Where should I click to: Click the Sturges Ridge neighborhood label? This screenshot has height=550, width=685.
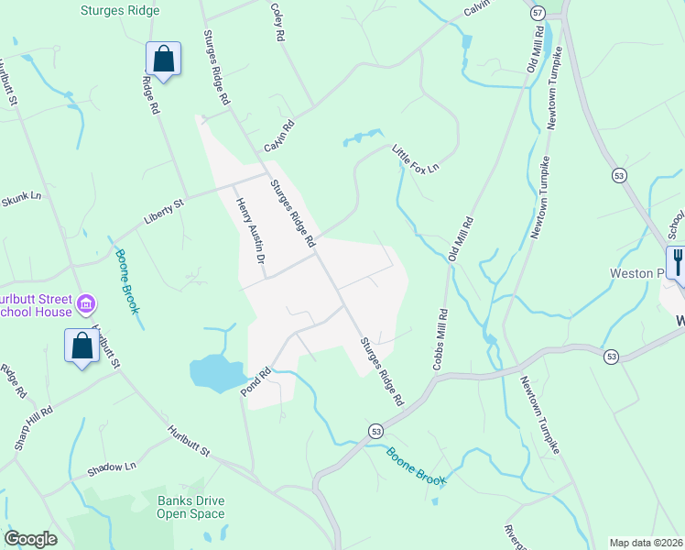(119, 11)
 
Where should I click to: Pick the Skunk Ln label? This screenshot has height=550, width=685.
(22, 196)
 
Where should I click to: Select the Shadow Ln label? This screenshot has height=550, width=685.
(112, 468)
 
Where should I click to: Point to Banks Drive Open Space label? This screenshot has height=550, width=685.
(190, 507)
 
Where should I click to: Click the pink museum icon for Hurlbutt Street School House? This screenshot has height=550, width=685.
(86, 302)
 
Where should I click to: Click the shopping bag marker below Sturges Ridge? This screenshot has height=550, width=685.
(163, 60)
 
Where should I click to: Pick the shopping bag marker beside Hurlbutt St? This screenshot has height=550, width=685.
(82, 346)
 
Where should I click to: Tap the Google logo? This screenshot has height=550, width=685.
(30, 539)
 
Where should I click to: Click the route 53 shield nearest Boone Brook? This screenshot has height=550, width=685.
(375, 430)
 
